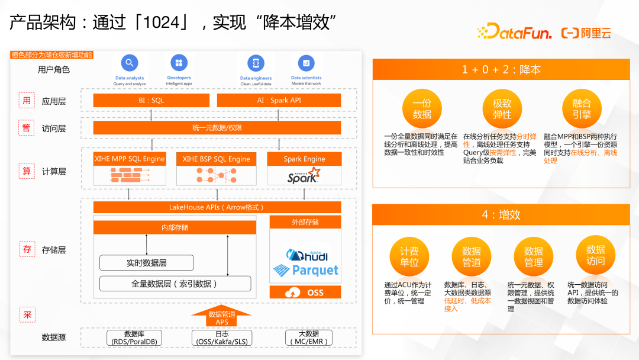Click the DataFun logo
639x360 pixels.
click(x=514, y=32)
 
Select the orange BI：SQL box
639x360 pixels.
click(x=151, y=101)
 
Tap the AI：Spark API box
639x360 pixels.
click(x=279, y=101)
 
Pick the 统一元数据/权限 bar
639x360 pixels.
click(x=217, y=128)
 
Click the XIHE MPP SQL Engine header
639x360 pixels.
click(x=130, y=159)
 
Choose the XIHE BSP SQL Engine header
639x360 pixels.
click(x=216, y=159)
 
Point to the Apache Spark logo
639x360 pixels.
click(x=304, y=175)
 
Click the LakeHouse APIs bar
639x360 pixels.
click(x=217, y=207)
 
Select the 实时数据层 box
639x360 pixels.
click(x=146, y=263)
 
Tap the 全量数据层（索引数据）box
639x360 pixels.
click(x=175, y=284)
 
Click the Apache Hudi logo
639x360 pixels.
click(x=306, y=255)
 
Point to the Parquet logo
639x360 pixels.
click(x=306, y=271)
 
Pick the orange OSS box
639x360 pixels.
click(x=305, y=292)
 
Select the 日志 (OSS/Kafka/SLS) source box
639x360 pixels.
click(x=221, y=338)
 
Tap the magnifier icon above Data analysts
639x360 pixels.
click(x=129, y=63)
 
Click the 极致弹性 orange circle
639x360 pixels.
click(x=502, y=109)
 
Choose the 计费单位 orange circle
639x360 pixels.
click(x=409, y=256)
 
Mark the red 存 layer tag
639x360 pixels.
click(x=27, y=250)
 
